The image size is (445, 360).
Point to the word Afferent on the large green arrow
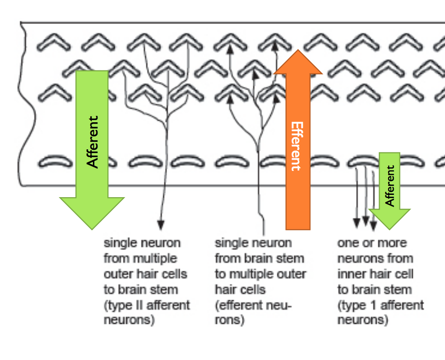[93, 142]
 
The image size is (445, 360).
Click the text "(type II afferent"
[147, 305]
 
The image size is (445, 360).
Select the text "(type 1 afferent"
[380, 305]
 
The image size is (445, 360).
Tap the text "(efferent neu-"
[254, 305]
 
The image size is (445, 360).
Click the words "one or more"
[372, 243]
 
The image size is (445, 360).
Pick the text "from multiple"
[140, 258]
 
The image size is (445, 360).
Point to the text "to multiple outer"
[260, 274]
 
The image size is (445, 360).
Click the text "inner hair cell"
[375, 274]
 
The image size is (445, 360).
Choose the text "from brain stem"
[259, 258]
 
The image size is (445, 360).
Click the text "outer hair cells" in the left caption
[145, 274]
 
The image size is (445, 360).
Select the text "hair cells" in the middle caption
[240, 289]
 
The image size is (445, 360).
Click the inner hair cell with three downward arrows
[364, 161]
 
